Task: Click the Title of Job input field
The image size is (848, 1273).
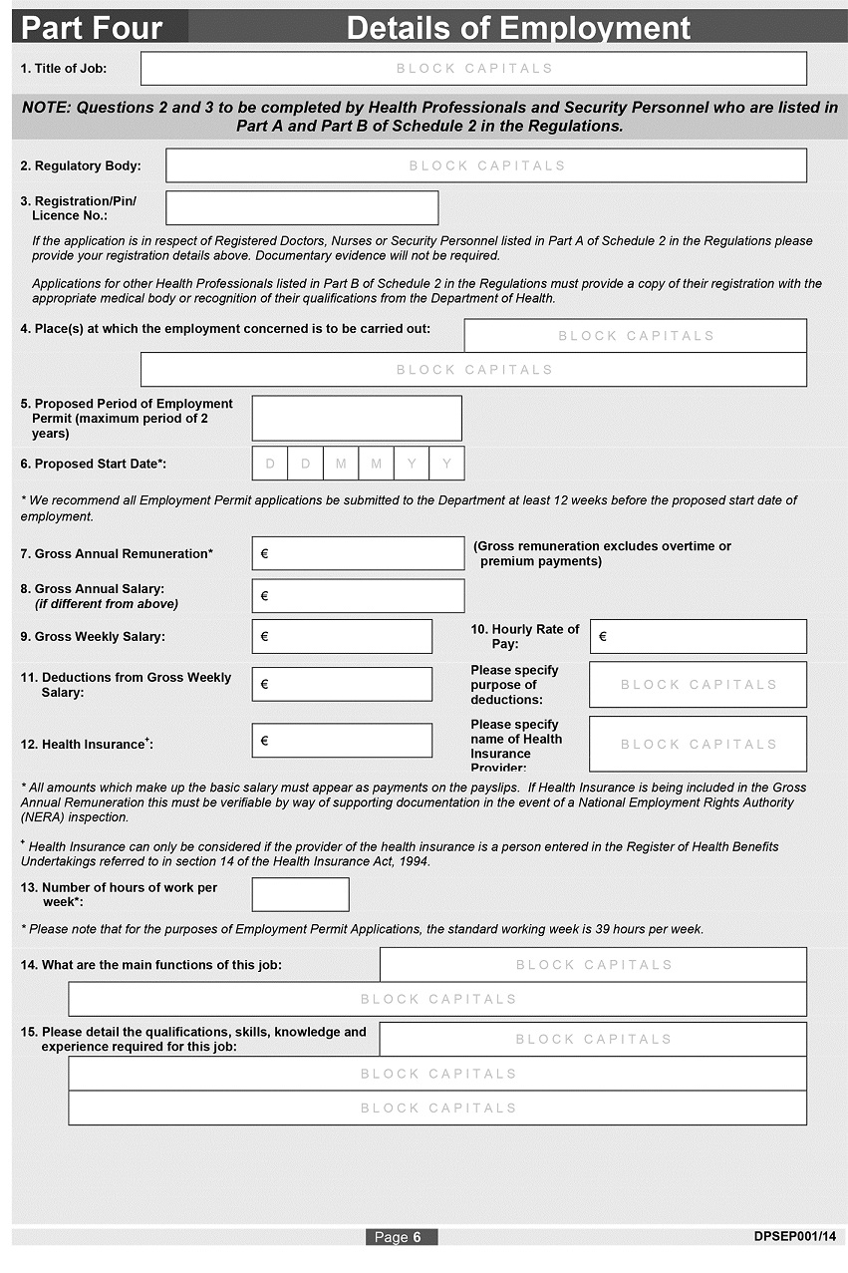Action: [x=473, y=69]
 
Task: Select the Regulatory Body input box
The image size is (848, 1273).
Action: [x=486, y=165]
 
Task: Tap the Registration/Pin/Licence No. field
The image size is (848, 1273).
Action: [x=302, y=207]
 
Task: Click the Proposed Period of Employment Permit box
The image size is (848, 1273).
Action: [x=357, y=418]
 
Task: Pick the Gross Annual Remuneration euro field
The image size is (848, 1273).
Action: [x=358, y=553]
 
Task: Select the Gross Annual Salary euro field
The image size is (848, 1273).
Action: [x=358, y=596]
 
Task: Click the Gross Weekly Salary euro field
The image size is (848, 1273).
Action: [x=342, y=636]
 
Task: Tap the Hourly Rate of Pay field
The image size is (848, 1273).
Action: [x=699, y=636]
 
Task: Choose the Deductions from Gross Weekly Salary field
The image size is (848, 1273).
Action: [x=342, y=684]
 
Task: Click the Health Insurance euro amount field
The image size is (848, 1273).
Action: [x=342, y=741]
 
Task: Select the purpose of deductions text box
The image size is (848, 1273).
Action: [x=698, y=685]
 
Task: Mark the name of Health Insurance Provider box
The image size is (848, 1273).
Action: [x=698, y=744]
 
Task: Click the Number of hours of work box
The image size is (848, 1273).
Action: [x=300, y=894]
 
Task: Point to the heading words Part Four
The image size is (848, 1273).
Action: [x=92, y=28]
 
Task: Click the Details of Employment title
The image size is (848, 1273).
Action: [x=518, y=28]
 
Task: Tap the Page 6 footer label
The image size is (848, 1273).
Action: [x=402, y=1237]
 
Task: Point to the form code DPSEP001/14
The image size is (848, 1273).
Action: [x=794, y=1236]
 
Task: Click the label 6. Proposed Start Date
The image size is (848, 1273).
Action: [x=94, y=464]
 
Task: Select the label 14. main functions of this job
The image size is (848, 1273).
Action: [x=151, y=965]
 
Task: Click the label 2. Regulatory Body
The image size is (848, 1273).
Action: [x=81, y=166]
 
